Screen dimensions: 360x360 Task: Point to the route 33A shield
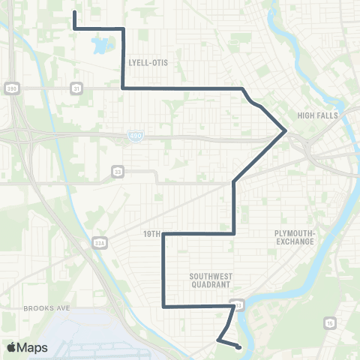pos(102,242)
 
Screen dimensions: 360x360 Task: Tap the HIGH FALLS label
pos(318,115)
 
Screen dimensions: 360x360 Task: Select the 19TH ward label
pos(152,234)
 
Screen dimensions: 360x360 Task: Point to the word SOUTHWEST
pos(211,276)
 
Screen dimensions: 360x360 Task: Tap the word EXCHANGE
pos(296,242)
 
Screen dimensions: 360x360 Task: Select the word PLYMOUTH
pos(296,233)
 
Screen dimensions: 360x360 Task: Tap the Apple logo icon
pos(11,347)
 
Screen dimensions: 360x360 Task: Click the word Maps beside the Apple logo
pos(33,347)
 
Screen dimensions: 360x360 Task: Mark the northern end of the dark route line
pos(74,13)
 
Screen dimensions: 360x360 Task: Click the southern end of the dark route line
pos(238,346)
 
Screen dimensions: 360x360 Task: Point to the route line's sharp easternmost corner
pos(286,130)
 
